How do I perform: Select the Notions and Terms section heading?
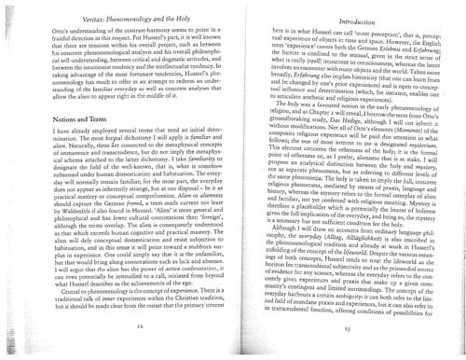coord(61,125)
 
